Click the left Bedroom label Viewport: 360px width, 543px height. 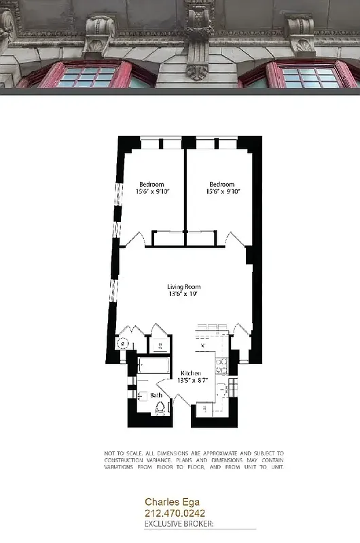(x=151, y=185)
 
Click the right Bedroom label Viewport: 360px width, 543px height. (x=221, y=185)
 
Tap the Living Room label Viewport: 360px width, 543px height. (x=184, y=287)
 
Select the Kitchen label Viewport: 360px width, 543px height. (x=191, y=374)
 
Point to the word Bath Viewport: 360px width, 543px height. (x=156, y=394)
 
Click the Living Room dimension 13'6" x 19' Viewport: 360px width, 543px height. (x=184, y=295)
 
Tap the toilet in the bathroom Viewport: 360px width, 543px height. (x=161, y=408)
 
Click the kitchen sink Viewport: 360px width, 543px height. (x=221, y=390)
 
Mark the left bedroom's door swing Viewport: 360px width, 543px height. (x=139, y=239)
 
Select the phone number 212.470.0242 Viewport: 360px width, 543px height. (x=175, y=514)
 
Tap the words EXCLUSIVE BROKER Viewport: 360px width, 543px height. (x=179, y=524)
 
